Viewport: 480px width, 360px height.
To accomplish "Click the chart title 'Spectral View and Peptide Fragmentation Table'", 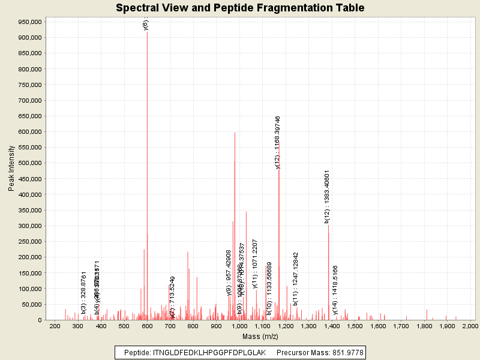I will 240,8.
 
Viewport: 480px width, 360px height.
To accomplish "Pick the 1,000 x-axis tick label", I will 239,326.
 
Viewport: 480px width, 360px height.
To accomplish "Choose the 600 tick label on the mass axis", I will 147,326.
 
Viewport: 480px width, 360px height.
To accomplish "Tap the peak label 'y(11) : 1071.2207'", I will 255,263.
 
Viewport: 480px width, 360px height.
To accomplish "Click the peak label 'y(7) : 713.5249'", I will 173,296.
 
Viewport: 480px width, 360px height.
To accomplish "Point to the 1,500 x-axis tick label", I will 355,326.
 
